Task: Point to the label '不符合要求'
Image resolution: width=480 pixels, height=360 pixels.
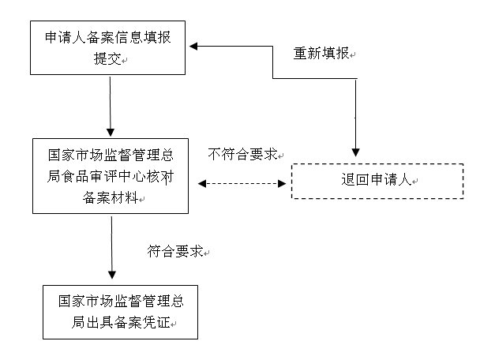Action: [244, 153]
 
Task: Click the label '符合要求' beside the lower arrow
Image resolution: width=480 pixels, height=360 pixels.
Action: [174, 252]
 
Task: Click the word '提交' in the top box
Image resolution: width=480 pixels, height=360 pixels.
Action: [107, 59]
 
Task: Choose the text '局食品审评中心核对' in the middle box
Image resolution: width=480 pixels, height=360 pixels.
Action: [111, 176]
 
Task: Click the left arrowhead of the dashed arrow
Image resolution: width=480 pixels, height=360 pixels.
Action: [201, 183]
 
